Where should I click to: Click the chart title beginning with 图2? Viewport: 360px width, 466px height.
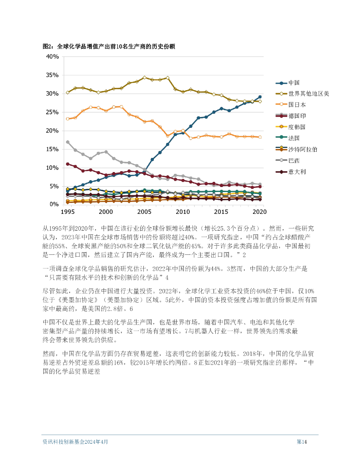[x=109, y=46]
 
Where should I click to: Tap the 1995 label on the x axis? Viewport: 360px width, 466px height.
[x=67, y=212]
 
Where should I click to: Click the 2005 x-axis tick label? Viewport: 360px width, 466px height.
[x=144, y=212]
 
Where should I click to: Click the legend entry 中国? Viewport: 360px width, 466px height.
[x=294, y=83]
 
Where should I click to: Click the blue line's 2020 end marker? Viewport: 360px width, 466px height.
[x=260, y=97]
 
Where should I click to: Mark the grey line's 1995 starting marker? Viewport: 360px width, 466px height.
[x=67, y=142]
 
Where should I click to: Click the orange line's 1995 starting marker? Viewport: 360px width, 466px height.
[x=67, y=119]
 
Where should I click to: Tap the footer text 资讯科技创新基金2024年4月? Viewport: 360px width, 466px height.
[x=75, y=441]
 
